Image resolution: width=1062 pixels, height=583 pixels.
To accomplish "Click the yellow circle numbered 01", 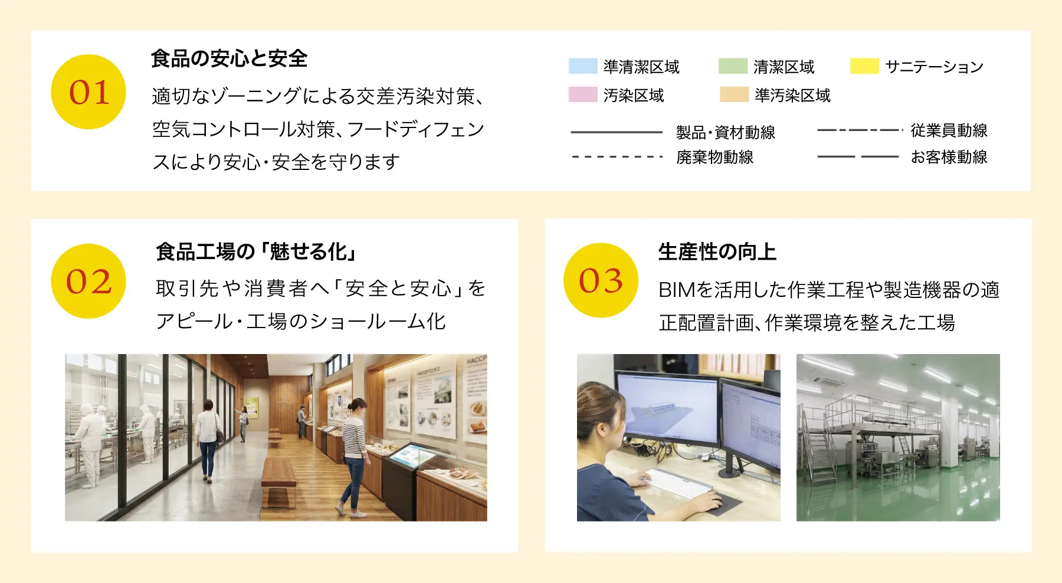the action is point(88,92).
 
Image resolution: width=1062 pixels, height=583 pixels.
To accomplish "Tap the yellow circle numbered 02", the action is point(88,281).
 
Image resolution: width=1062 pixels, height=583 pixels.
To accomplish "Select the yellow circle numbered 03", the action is point(601,280).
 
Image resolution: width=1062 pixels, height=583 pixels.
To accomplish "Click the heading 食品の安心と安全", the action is point(229,58).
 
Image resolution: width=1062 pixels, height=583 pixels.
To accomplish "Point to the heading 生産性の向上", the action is point(717,252).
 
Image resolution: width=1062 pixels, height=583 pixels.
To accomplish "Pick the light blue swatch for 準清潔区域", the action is point(583,66).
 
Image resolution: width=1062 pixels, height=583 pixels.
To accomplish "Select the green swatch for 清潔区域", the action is point(733,66).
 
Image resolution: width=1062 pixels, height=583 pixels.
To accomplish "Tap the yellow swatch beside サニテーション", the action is point(864,66).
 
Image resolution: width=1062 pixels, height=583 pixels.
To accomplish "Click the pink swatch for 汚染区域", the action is point(583,94).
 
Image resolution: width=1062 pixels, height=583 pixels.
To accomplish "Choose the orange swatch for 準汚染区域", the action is point(734,94).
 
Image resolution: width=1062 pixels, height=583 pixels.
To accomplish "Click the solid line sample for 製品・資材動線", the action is point(617,132).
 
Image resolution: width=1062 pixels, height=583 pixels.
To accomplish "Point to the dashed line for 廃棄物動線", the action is point(617,157).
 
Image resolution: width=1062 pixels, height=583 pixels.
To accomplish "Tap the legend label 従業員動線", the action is point(949,130).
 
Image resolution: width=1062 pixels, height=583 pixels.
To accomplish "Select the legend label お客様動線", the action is point(949,157).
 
